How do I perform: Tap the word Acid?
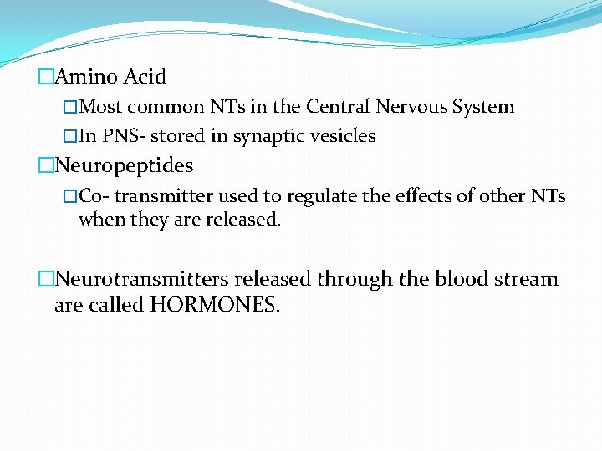(x=145, y=77)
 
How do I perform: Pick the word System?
(x=483, y=107)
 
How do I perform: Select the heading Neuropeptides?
(x=123, y=165)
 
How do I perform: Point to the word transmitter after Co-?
(x=165, y=196)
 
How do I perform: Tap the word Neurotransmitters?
(x=141, y=278)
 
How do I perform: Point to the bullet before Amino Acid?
(x=45, y=77)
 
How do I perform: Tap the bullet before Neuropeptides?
(x=45, y=165)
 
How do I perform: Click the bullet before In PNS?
(x=70, y=136)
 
